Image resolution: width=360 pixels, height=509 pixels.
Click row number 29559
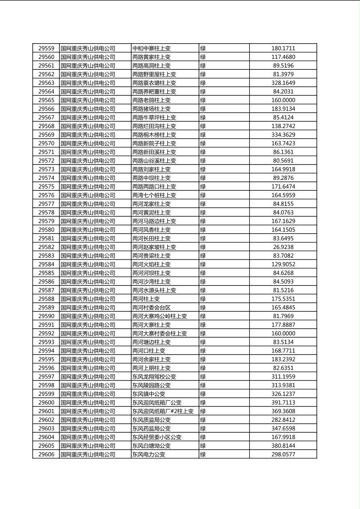click(x=46, y=48)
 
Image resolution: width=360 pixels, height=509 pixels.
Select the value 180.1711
click(x=283, y=48)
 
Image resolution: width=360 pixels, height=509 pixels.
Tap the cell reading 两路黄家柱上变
click(x=151, y=57)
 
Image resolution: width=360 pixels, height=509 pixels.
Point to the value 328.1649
click(x=283, y=83)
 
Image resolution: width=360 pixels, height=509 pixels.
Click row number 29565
click(x=46, y=100)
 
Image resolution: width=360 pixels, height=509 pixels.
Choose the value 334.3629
click(x=283, y=135)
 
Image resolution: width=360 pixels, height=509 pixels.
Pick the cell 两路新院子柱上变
click(x=154, y=144)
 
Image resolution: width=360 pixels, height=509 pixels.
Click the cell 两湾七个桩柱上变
click(x=154, y=195)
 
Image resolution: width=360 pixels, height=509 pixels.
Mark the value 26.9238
click(x=283, y=247)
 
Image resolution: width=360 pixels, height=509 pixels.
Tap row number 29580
click(x=46, y=230)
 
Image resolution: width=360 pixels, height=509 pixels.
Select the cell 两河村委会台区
click(x=151, y=308)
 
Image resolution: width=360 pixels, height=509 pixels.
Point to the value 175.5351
click(x=283, y=299)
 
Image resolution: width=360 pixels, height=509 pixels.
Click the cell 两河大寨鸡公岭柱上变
click(x=159, y=316)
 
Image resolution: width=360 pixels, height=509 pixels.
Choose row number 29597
click(x=46, y=377)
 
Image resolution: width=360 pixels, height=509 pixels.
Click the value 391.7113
click(x=283, y=403)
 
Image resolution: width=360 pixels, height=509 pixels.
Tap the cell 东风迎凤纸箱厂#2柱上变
click(x=163, y=411)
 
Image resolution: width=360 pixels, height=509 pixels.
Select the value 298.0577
click(x=283, y=455)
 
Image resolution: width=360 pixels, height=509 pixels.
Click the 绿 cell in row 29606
click(x=203, y=455)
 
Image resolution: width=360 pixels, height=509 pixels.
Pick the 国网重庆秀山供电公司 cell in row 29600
click(x=88, y=403)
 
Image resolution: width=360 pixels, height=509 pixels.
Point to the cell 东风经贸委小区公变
click(x=157, y=437)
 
